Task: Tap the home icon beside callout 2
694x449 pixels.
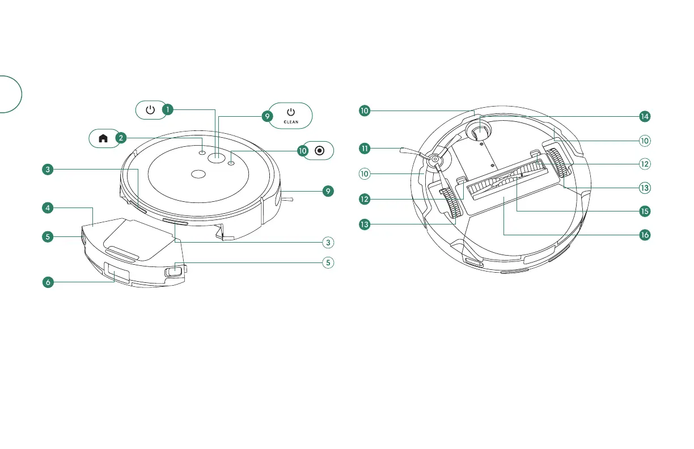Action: pyautogui.click(x=103, y=137)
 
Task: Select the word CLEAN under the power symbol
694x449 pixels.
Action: pyautogui.click(x=291, y=122)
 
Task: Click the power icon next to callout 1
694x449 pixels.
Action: pyautogui.click(x=150, y=109)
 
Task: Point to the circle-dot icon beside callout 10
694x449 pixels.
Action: pyautogui.click(x=319, y=150)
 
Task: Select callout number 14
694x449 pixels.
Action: pyautogui.click(x=644, y=116)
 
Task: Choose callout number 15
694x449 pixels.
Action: pyautogui.click(x=644, y=211)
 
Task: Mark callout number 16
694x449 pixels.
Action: pyautogui.click(x=644, y=234)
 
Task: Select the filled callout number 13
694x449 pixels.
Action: pyautogui.click(x=365, y=224)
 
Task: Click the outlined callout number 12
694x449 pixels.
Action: pyautogui.click(x=644, y=164)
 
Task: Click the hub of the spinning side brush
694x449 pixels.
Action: pyautogui.click(x=434, y=160)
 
